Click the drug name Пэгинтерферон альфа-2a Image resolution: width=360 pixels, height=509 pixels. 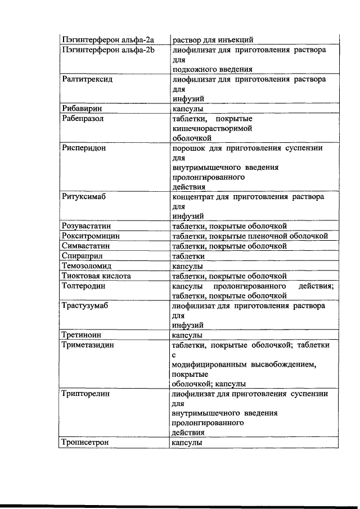[107, 39]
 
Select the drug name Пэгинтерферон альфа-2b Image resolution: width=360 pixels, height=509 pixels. [108, 49]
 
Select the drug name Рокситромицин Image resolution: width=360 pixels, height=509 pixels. [91, 236]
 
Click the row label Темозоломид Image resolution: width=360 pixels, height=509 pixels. [87, 266]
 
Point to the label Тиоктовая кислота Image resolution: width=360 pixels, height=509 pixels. [96, 276]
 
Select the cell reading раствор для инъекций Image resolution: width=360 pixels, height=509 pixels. [214, 39]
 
